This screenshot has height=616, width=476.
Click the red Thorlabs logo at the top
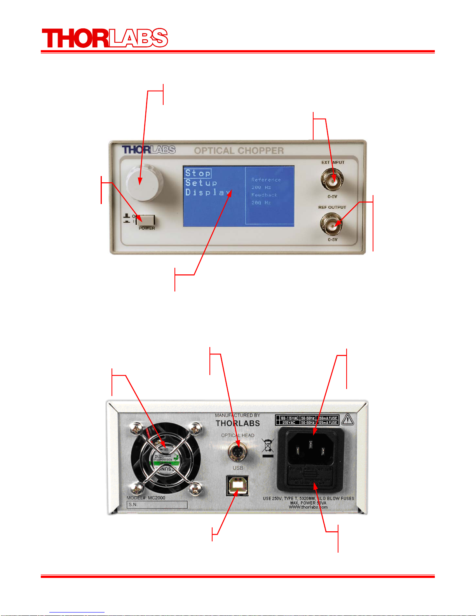(x=105, y=38)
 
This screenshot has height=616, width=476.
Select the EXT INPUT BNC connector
(x=332, y=180)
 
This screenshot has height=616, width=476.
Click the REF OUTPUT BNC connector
(x=332, y=224)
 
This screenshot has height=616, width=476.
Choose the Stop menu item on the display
(x=198, y=173)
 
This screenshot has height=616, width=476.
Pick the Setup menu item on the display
(x=201, y=183)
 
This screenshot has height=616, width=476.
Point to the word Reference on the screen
(x=266, y=180)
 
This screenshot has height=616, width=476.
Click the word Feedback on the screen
(x=264, y=195)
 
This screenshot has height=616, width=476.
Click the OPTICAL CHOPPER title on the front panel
(x=239, y=151)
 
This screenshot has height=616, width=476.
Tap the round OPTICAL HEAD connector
(x=237, y=452)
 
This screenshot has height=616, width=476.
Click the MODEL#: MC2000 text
(x=146, y=497)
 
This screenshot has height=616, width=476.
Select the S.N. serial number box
(x=157, y=504)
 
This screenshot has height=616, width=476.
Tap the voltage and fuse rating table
(x=307, y=420)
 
